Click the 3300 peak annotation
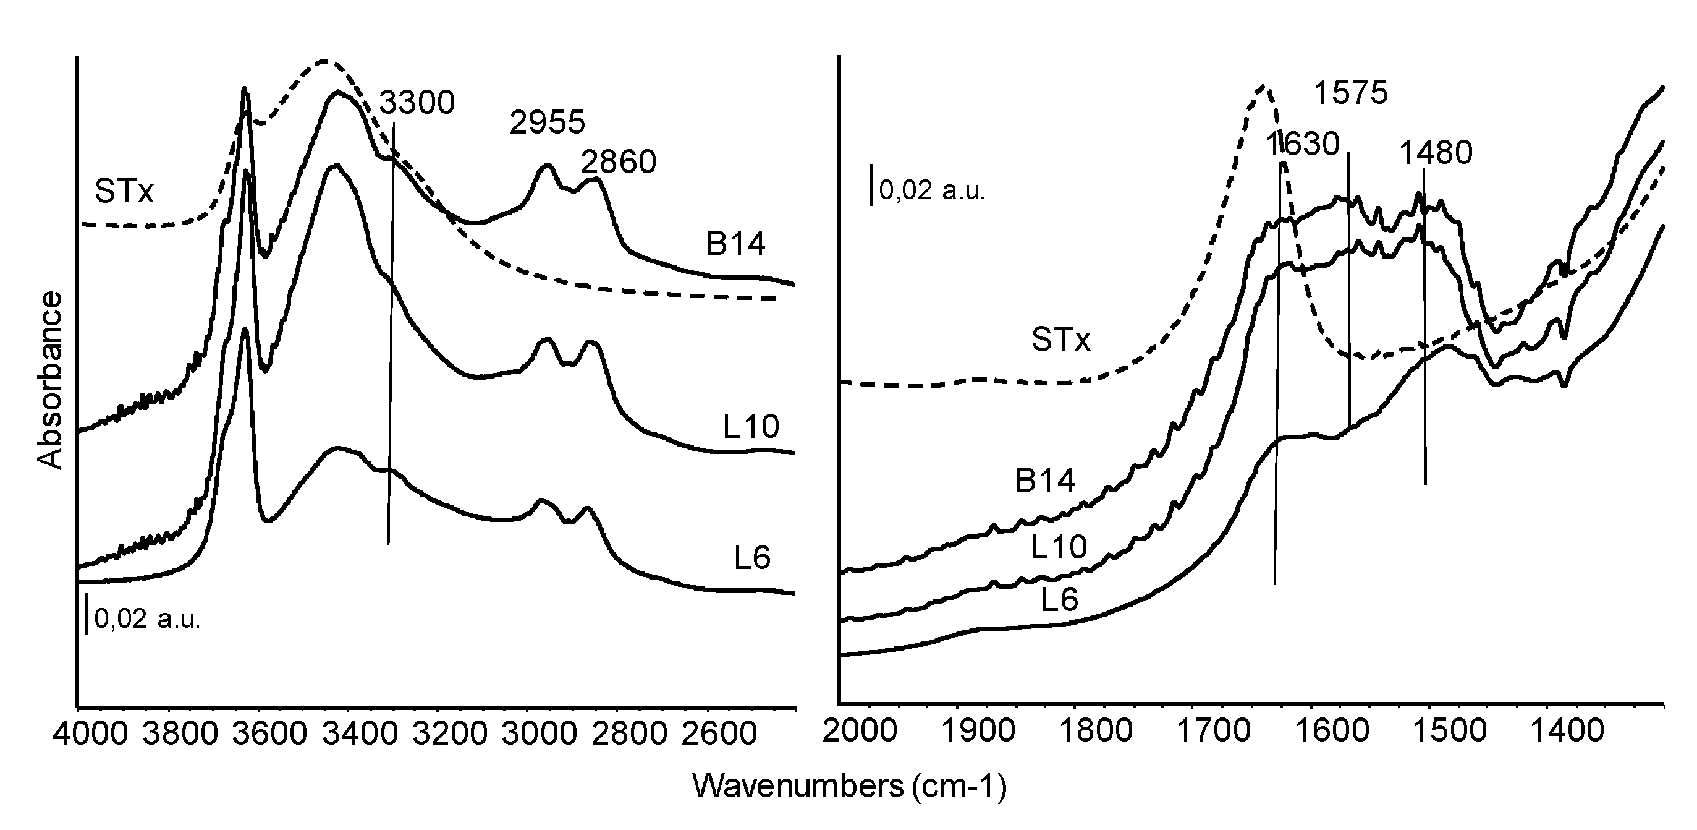417,103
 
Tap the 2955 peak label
547,122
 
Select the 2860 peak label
619,162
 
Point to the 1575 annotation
1350,93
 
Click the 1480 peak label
1436,153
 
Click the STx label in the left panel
124,191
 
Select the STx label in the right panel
1060,340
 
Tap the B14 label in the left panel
735,244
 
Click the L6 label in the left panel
751,558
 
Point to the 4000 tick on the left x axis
91,733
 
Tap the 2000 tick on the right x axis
860,731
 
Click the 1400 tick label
1567,731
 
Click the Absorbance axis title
50,381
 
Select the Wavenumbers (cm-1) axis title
850,787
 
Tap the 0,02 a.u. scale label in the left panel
147,619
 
